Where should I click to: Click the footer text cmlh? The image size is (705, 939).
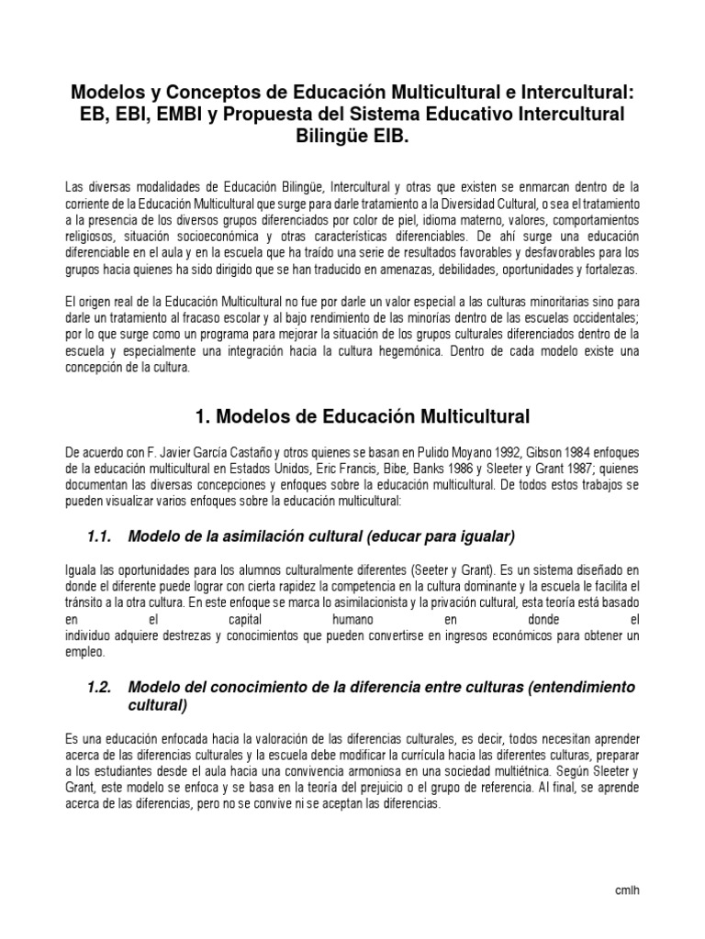click(x=627, y=891)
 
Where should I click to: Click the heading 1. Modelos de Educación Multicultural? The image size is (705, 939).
click(x=363, y=416)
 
